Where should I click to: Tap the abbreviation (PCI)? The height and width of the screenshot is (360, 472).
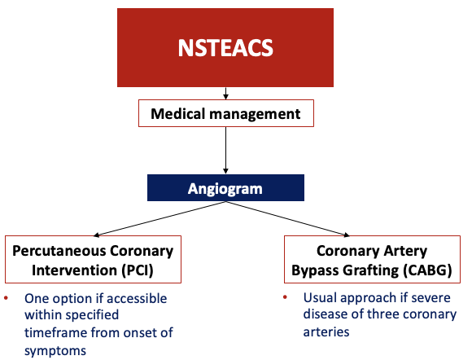[138, 268]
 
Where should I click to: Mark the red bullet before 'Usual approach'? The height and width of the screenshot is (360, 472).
[289, 297]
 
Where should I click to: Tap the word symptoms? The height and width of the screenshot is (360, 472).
[54, 349]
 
